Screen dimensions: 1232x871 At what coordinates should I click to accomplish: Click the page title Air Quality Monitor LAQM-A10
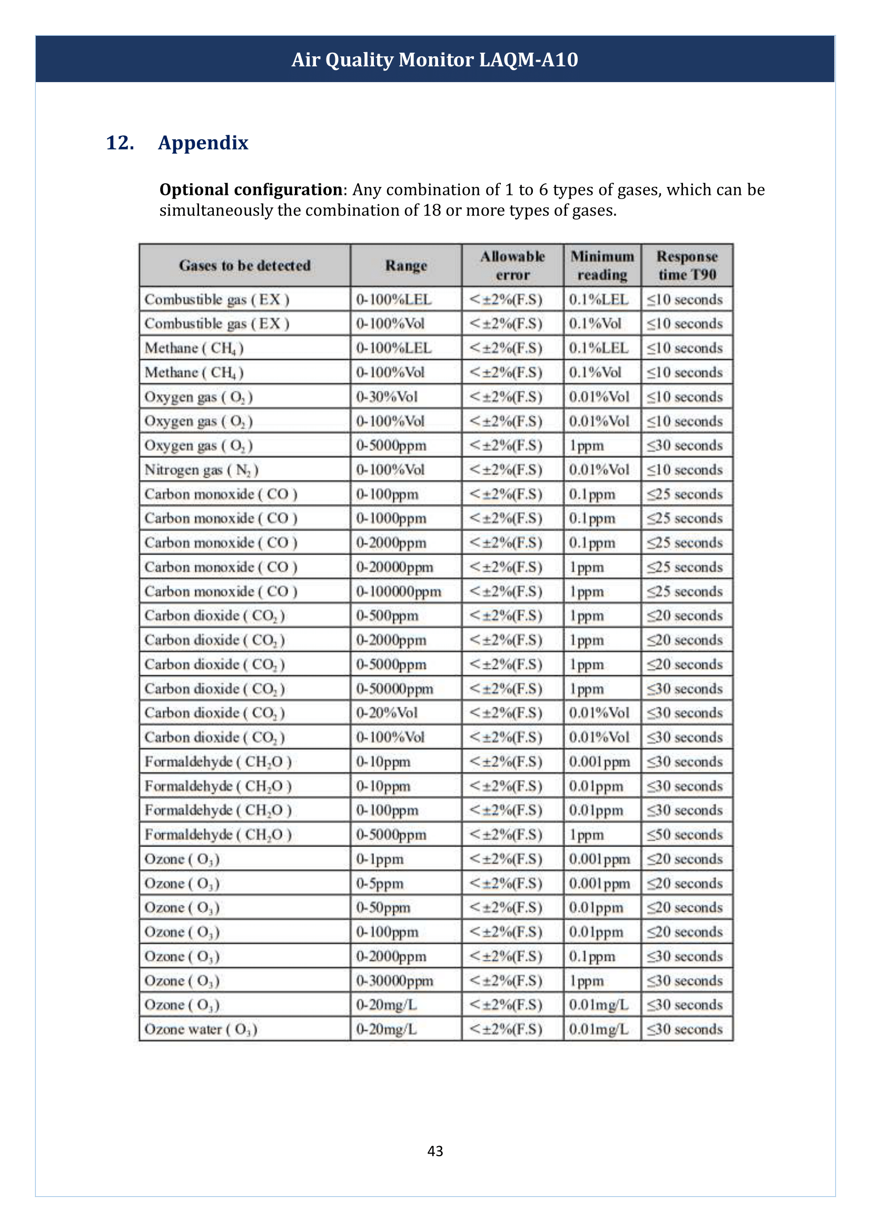pyautogui.click(x=434, y=60)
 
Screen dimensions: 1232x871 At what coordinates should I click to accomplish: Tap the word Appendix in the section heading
pyautogui.click(x=203, y=143)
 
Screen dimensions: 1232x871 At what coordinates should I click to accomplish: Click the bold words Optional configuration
pyautogui.click(x=251, y=190)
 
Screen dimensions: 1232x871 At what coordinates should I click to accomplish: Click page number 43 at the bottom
pyautogui.click(x=435, y=1151)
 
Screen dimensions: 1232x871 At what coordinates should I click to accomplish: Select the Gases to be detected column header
pyautogui.click(x=244, y=265)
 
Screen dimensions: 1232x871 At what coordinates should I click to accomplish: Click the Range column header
pyautogui.click(x=406, y=265)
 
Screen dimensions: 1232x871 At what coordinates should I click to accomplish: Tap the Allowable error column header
pyautogui.click(x=512, y=265)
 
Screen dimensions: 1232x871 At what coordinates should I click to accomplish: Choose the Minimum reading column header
pyautogui.click(x=602, y=265)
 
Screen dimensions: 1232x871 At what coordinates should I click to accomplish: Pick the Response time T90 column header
pyautogui.click(x=687, y=265)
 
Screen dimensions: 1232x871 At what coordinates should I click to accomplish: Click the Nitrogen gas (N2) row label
pyautogui.click(x=202, y=470)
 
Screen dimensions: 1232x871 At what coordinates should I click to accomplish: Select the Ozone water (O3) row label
pyautogui.click(x=201, y=1030)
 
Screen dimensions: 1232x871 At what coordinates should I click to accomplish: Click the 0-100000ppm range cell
pyautogui.click(x=399, y=592)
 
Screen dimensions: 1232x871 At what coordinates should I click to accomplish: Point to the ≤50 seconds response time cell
pyautogui.click(x=685, y=835)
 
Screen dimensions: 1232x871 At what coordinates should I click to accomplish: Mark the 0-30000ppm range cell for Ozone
pyautogui.click(x=395, y=981)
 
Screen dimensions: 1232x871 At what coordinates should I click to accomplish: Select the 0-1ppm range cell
pyautogui.click(x=380, y=859)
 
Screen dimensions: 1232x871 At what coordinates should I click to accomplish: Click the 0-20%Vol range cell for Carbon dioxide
pyautogui.click(x=387, y=713)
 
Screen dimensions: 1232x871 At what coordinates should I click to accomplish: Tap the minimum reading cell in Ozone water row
pyautogui.click(x=599, y=1030)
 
